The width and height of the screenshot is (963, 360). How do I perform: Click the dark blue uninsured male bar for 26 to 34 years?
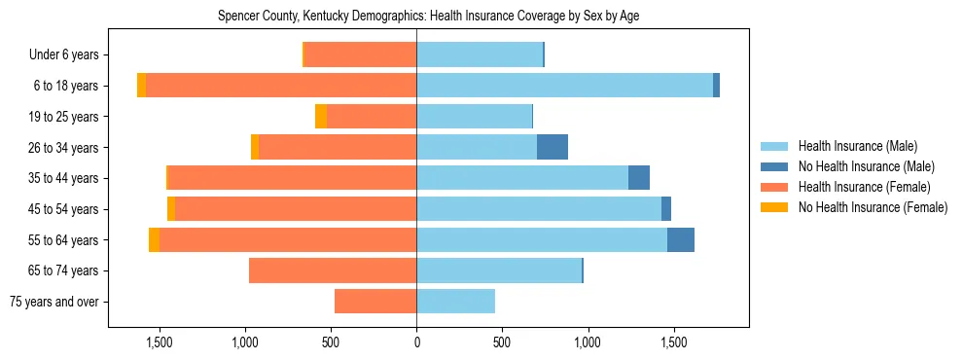pos(552,147)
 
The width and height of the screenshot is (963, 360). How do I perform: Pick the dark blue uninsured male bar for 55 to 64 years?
pos(680,239)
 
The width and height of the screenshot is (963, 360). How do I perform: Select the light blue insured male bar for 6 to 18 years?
pos(564,86)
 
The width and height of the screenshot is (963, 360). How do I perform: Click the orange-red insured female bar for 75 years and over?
pos(375,302)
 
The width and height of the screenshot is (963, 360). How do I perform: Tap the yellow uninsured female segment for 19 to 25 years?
pos(320,117)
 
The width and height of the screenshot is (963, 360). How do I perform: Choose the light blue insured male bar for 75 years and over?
pos(455,302)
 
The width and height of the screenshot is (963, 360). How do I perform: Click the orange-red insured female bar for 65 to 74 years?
pos(333,270)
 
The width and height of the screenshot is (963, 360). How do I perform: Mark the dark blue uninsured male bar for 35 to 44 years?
pos(638,178)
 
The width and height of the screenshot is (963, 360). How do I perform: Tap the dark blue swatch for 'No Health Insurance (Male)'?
pos(775,166)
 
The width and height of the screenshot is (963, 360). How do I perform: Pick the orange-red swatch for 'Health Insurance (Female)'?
pos(775,187)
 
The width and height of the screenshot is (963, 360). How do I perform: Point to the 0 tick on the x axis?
pos(416,342)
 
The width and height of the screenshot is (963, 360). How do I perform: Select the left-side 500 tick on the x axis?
pos(331,342)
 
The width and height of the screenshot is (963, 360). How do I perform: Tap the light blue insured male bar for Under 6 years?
pos(479,55)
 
